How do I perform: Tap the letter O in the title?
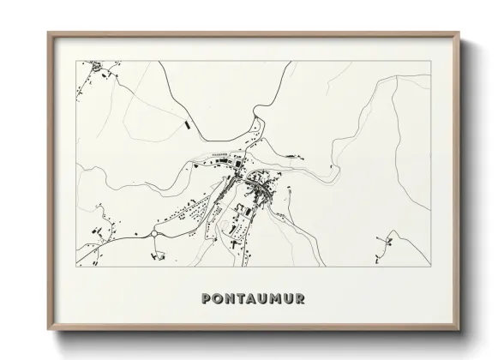point(218,300)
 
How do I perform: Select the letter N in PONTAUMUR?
point(231,300)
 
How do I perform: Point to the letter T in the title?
point(244,300)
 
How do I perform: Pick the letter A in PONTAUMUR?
point(256,300)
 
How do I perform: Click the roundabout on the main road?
point(155,231)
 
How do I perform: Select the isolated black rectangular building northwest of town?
point(185,125)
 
